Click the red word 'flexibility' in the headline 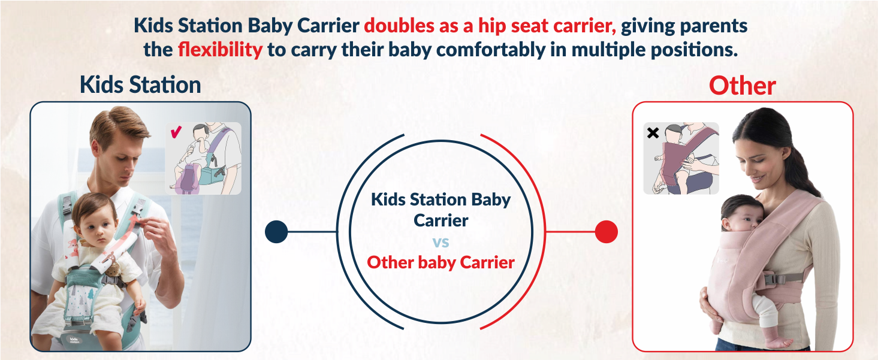(x=220, y=49)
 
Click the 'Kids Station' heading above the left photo (x=140, y=85)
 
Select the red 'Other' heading (x=742, y=86)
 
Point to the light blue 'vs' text (x=440, y=242)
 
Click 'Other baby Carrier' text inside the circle (x=440, y=262)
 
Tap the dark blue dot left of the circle (x=276, y=232)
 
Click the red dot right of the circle (x=607, y=232)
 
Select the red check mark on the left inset (x=176, y=131)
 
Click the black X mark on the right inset (x=653, y=133)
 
